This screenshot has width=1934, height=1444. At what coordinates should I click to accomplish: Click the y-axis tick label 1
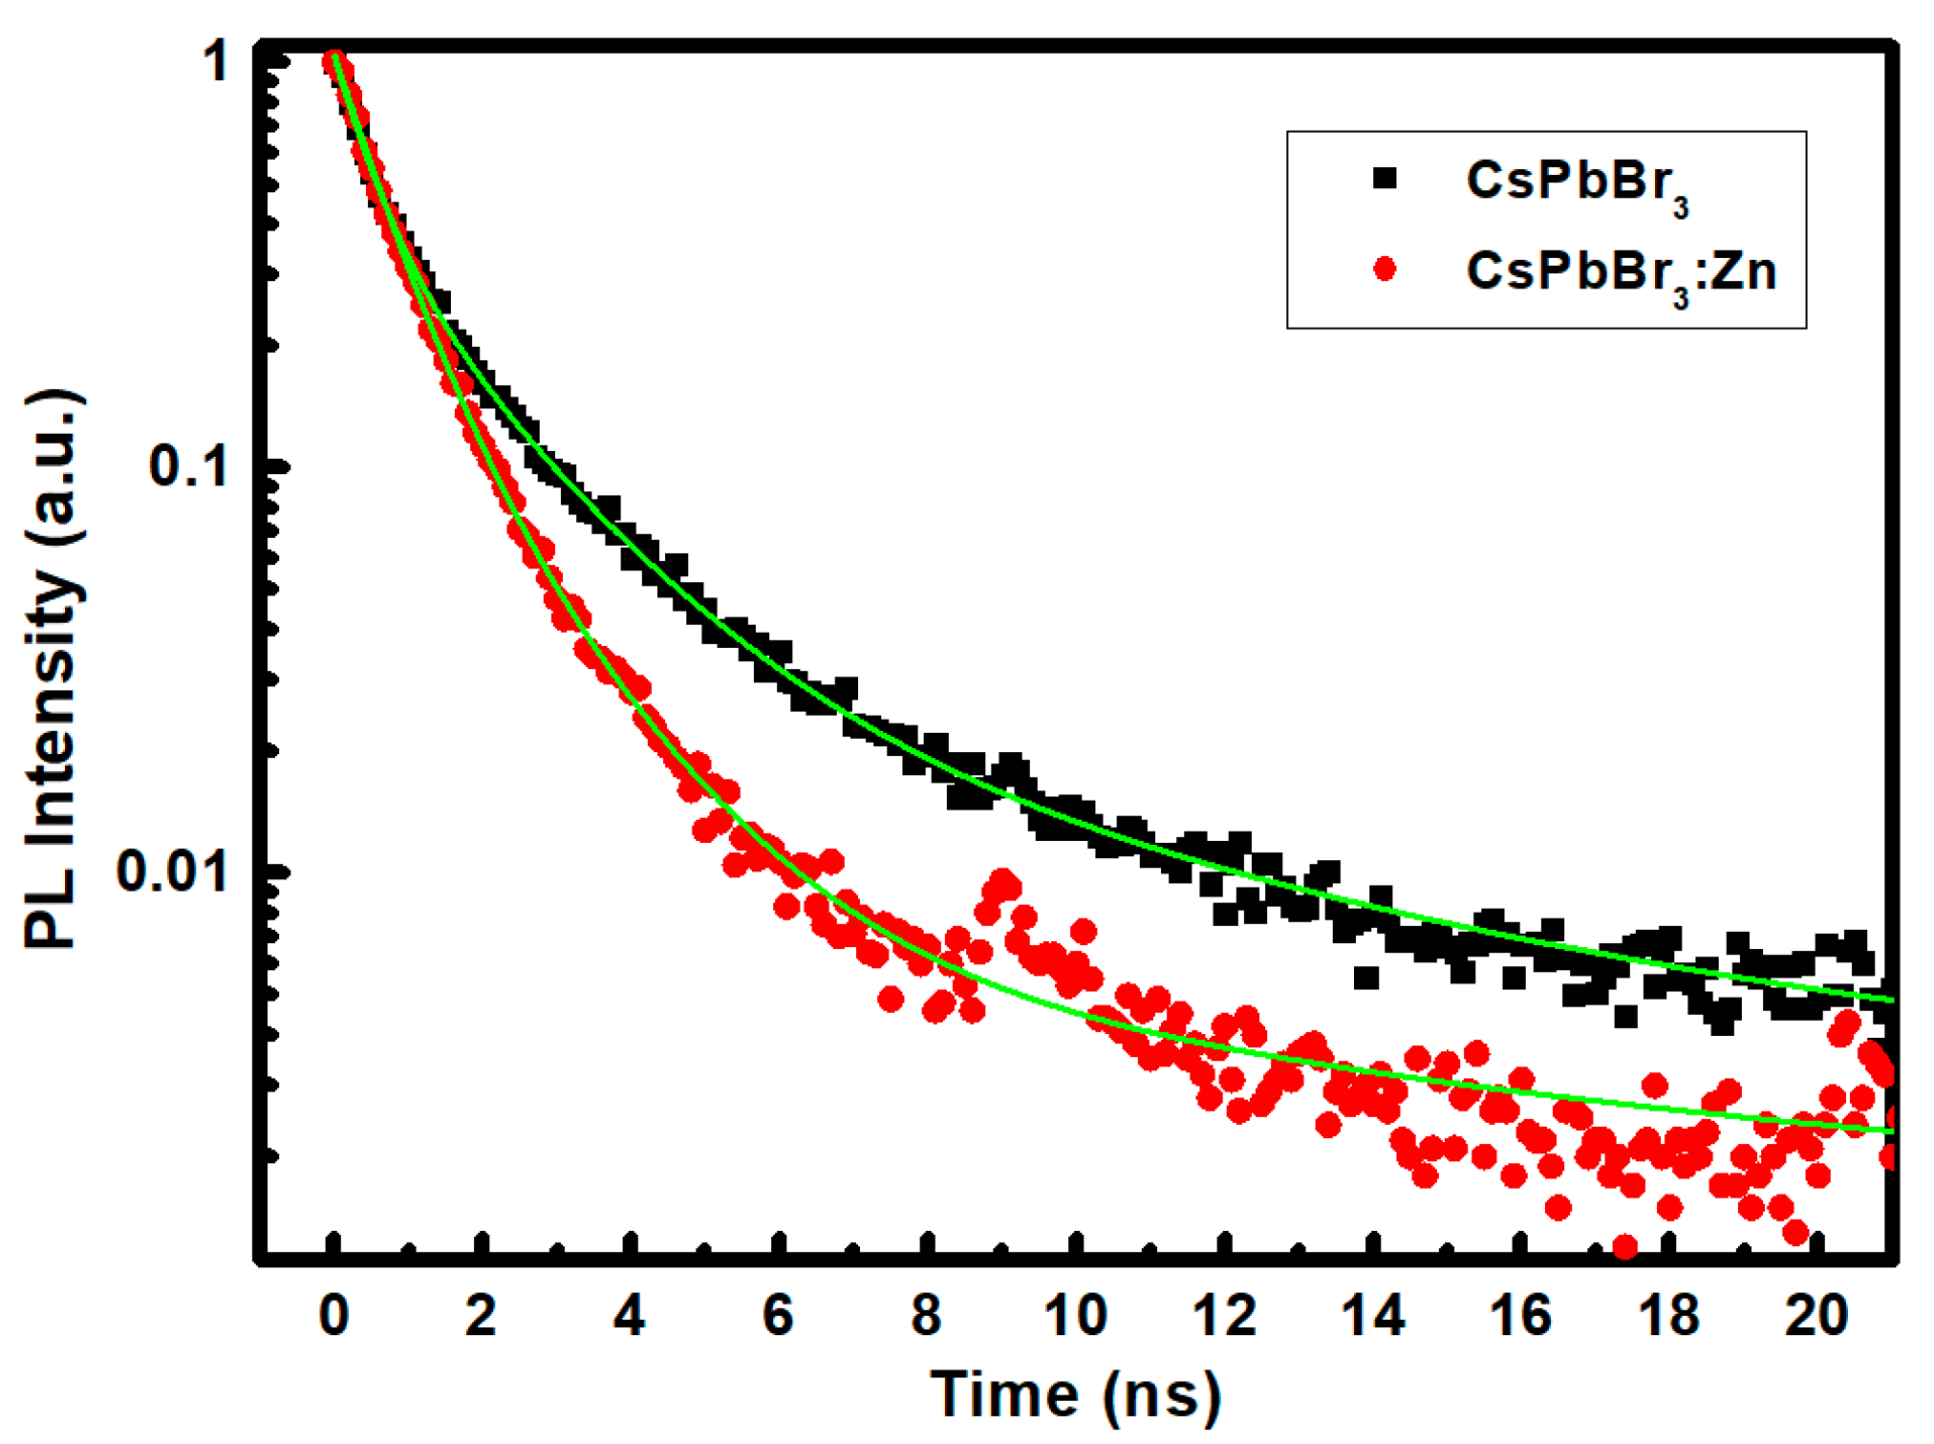tap(216, 62)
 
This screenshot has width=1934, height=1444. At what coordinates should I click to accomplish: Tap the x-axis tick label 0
tap(333, 1315)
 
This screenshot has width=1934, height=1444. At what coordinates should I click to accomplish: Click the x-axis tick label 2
tap(481, 1315)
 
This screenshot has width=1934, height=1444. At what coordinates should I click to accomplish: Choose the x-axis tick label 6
tap(778, 1315)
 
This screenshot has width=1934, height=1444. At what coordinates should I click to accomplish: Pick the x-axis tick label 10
tap(1075, 1315)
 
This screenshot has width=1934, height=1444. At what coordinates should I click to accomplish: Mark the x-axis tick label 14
tap(1373, 1315)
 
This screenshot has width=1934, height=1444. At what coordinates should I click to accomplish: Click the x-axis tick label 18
tap(1669, 1315)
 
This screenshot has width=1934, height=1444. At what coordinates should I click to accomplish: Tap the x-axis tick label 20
tap(1817, 1315)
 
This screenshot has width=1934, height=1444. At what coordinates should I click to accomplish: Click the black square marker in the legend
tap(1385, 179)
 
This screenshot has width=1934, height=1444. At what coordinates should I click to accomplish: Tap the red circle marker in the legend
tap(1385, 269)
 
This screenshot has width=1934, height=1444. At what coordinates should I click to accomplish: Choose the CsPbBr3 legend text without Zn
tap(1577, 183)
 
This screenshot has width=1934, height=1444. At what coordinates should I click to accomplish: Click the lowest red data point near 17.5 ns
tap(1624, 1247)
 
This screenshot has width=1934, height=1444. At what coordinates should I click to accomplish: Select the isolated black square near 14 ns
tap(1366, 978)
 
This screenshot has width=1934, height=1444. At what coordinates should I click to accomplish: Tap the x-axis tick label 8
tap(926, 1315)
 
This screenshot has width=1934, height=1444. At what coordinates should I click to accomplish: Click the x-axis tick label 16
tap(1520, 1315)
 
